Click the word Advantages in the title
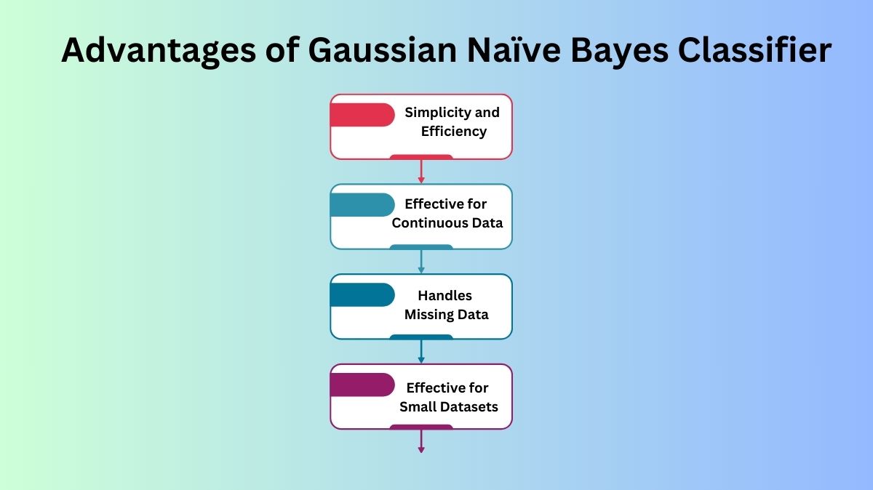coord(159,51)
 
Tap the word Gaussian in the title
coord(382,50)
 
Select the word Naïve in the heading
coord(514,50)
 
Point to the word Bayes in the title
coord(619,51)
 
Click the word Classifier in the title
coord(755,50)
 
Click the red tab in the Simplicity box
coord(362,115)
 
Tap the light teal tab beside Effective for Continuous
coord(362,205)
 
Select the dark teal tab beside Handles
coord(362,295)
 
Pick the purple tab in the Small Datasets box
coord(362,385)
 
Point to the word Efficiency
coord(454,132)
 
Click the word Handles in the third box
coord(445,296)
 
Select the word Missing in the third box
coord(428,315)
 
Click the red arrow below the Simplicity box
coord(421,172)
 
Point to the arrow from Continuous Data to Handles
coord(421,262)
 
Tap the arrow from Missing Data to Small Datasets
coord(421,351)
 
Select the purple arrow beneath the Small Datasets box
coord(421,441)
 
